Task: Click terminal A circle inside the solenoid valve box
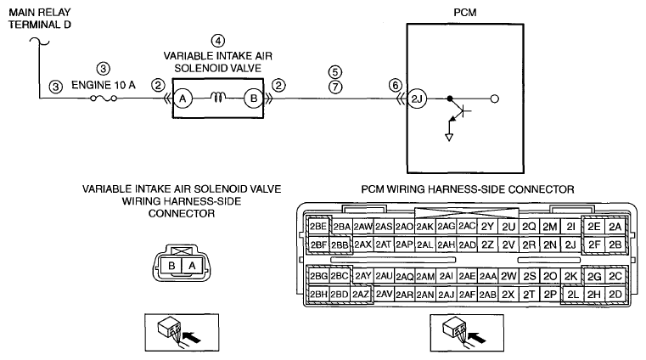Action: tap(183, 98)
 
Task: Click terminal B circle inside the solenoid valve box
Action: tap(253, 98)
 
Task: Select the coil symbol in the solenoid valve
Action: tap(218, 98)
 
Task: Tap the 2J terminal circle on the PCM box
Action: tap(417, 98)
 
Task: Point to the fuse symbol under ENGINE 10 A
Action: tap(104, 98)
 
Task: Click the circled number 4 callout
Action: tap(218, 41)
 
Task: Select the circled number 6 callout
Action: tap(395, 85)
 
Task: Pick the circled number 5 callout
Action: tap(335, 72)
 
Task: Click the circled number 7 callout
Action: tap(335, 87)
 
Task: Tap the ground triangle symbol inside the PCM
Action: tap(449, 138)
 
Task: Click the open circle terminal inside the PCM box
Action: tap(495, 98)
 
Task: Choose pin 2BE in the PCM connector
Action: tap(318, 226)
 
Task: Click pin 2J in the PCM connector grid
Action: tap(570, 245)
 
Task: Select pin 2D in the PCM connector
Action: tap(615, 295)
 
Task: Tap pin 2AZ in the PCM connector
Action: tap(361, 295)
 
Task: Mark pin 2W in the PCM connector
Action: tap(508, 276)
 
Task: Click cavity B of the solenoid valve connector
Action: tap(171, 266)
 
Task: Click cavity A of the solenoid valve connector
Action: tap(192, 266)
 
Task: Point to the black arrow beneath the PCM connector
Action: tap(477, 336)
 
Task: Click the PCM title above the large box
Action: tap(465, 13)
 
